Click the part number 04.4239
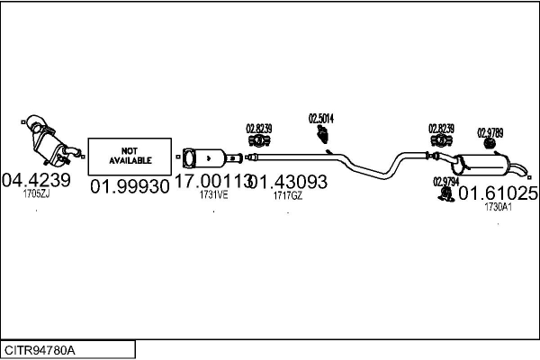click(x=37, y=178)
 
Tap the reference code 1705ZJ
click(x=37, y=193)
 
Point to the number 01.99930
click(x=130, y=186)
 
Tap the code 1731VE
click(x=213, y=193)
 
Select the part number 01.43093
click(x=288, y=181)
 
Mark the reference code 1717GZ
click(x=287, y=193)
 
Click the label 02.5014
click(x=321, y=118)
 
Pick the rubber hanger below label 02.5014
click(x=322, y=136)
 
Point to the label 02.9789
click(x=490, y=131)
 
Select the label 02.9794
click(x=445, y=181)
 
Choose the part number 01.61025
click(x=499, y=193)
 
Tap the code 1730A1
click(x=498, y=206)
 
